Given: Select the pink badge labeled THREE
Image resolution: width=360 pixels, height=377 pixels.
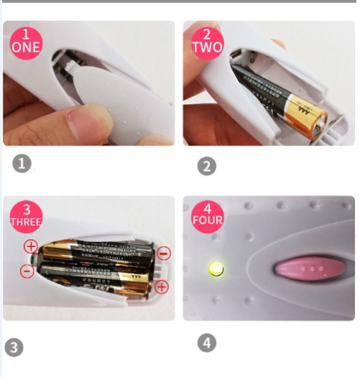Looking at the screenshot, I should tap(26, 215).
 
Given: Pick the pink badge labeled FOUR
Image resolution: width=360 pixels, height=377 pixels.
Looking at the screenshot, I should tap(207, 215).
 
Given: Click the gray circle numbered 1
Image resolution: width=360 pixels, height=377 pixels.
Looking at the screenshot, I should tap(22, 164).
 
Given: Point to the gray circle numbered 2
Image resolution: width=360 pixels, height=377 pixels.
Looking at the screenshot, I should tap(206, 166).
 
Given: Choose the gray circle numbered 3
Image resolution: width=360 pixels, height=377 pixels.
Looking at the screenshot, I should tap(13, 348).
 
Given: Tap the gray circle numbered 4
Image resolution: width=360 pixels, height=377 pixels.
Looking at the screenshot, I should tap(206, 343).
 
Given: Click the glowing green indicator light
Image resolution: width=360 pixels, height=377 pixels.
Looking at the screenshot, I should tap(215, 269).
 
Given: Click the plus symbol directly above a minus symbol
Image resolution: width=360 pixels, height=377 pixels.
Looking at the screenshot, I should tap(31, 247).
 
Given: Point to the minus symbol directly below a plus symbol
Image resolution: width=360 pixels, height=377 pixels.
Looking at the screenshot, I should tap(27, 271).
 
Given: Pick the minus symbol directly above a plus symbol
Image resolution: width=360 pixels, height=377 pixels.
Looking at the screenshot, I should tap(163, 253).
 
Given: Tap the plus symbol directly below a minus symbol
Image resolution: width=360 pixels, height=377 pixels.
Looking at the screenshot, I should tap(161, 287).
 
